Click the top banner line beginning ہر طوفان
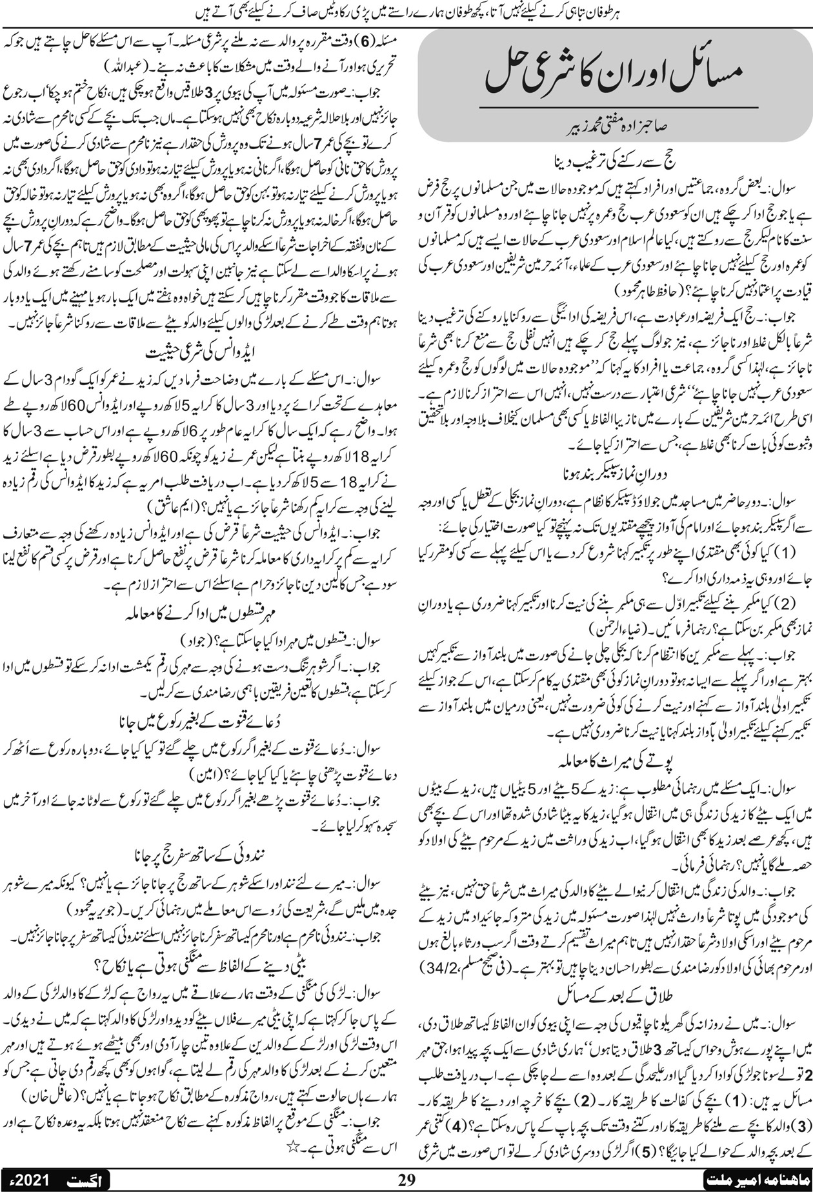[406, 10]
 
